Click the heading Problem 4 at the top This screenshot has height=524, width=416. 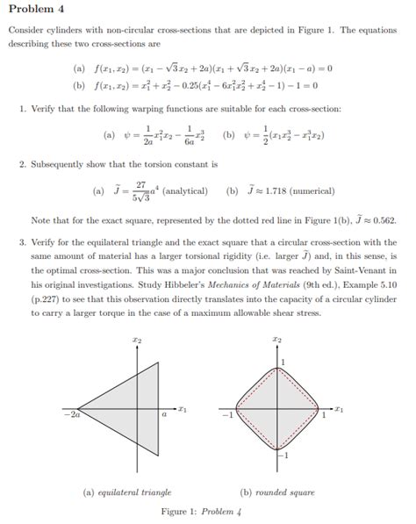click(34, 11)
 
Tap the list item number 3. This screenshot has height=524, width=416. click(22, 242)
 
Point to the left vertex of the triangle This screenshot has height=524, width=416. click(66, 407)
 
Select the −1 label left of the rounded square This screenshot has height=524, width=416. click(227, 415)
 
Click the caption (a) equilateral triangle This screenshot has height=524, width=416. click(127, 492)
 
